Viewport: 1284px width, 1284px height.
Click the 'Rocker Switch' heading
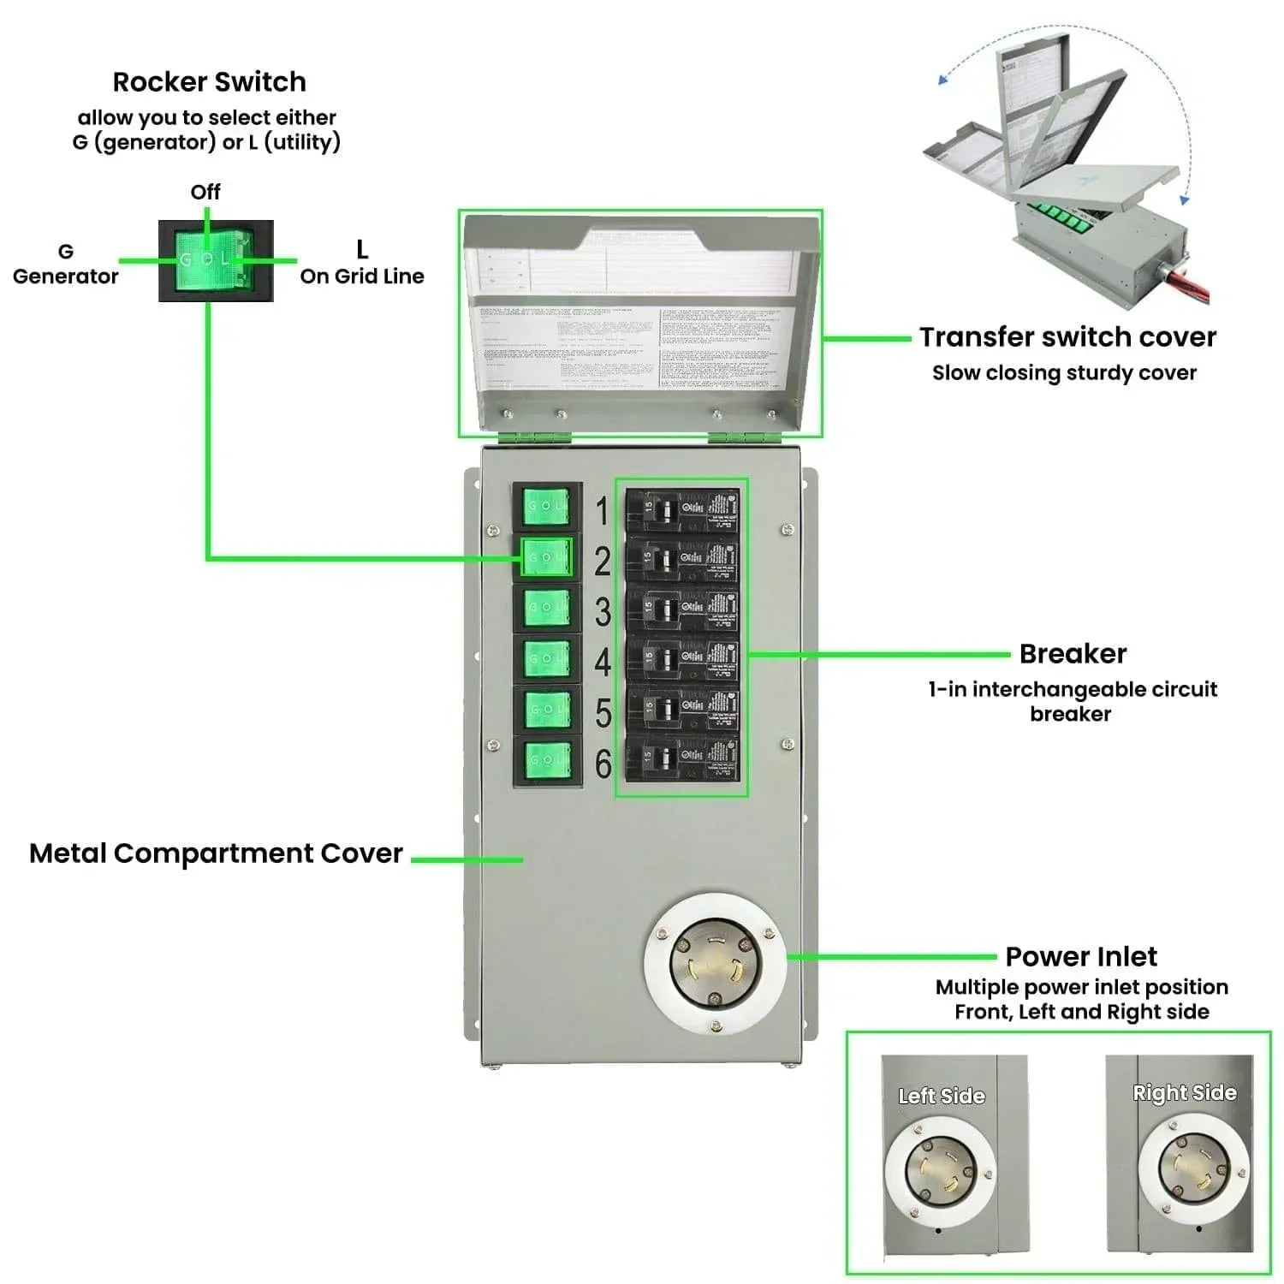click(x=209, y=82)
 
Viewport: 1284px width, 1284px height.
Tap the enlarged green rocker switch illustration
click(x=216, y=260)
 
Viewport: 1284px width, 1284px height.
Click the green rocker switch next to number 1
click(x=546, y=507)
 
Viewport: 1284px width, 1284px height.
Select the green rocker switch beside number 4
click(x=546, y=658)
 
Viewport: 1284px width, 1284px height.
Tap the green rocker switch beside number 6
click(x=546, y=760)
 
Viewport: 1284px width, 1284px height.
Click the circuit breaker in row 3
click(x=682, y=609)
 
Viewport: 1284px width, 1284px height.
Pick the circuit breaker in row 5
click(x=682, y=709)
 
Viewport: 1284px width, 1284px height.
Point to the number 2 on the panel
click(x=603, y=562)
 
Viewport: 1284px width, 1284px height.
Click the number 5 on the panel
click(x=603, y=713)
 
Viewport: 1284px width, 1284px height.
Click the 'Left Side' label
click(x=942, y=1096)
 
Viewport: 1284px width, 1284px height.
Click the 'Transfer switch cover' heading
click(x=1067, y=337)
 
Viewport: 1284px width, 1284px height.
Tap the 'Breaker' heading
click(x=1073, y=654)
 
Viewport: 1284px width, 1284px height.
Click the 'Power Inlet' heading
click(x=1081, y=956)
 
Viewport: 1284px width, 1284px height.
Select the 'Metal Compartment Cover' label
click(x=216, y=853)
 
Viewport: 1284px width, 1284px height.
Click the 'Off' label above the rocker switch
click(x=205, y=192)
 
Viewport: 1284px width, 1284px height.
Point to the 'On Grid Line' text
click(x=362, y=276)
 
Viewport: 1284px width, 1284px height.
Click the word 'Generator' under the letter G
click(x=66, y=276)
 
